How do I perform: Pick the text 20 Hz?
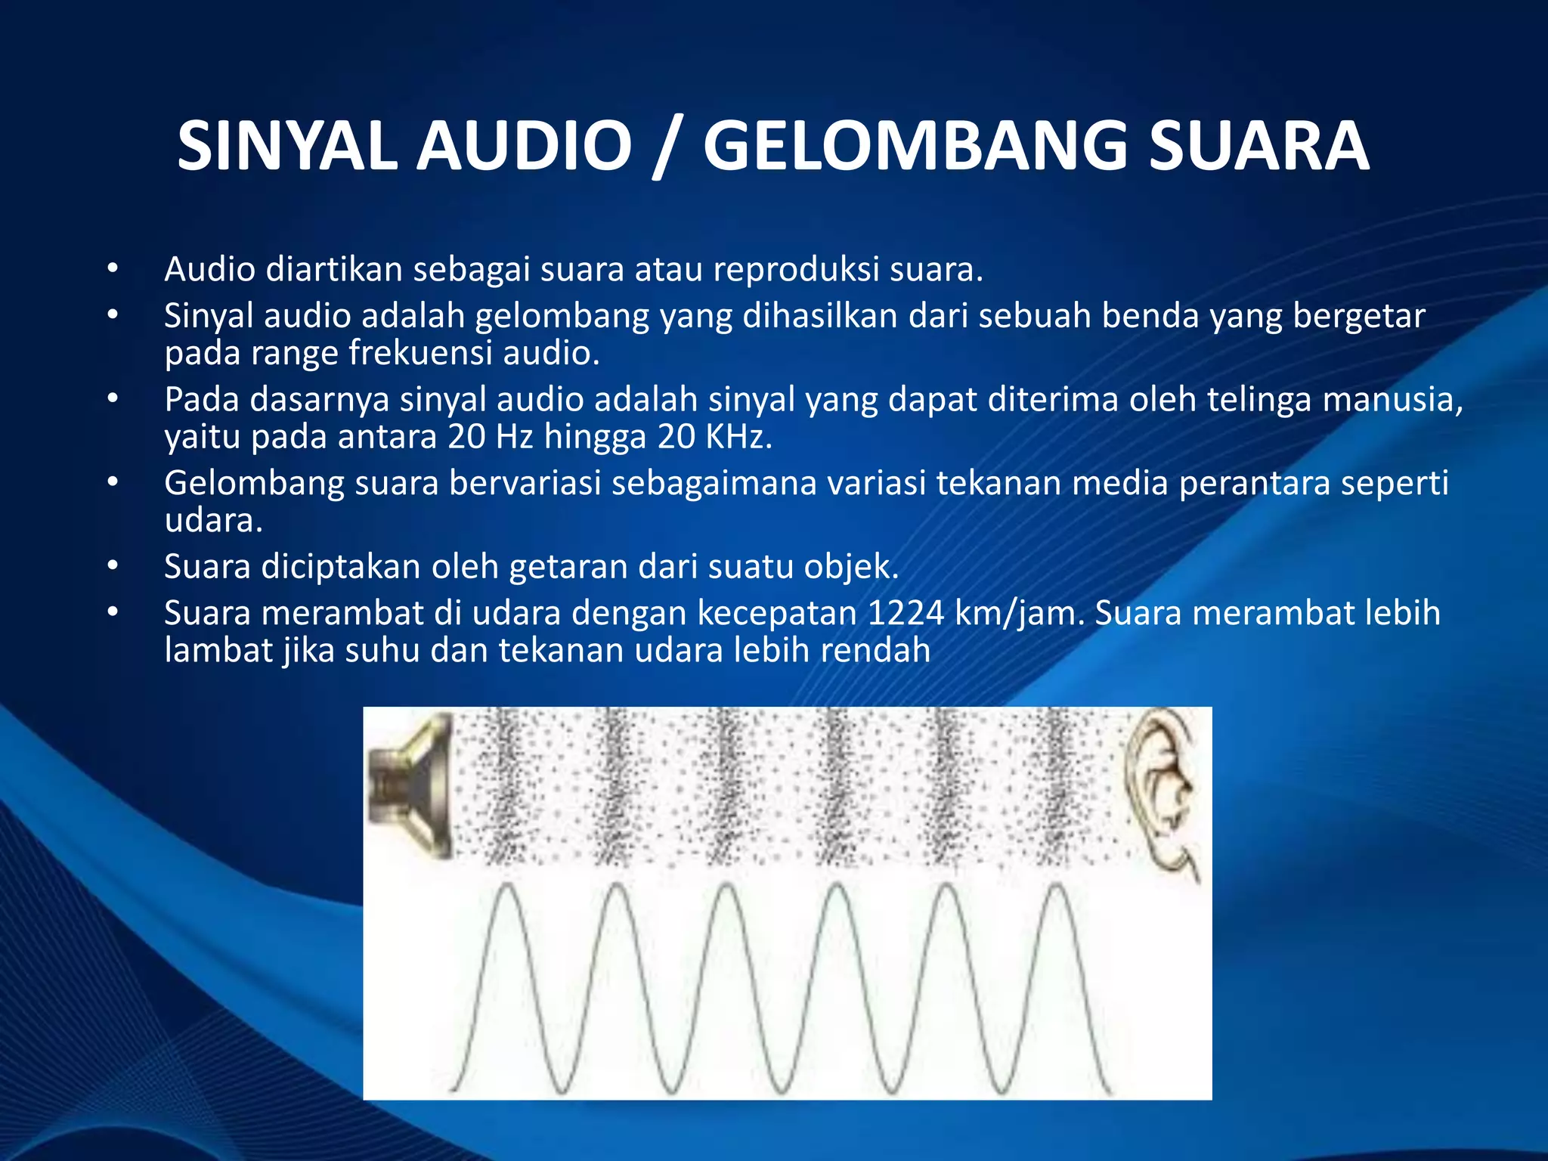[491, 437]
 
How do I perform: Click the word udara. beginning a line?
[213, 520]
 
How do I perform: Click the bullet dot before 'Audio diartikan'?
[113, 268]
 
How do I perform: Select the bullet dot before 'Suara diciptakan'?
[113, 565]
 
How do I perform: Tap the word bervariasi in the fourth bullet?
[525, 484]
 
